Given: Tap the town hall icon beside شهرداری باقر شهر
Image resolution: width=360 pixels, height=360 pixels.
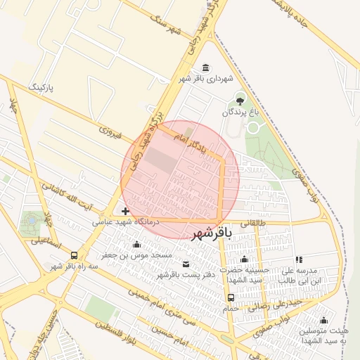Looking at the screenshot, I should [x=205, y=68].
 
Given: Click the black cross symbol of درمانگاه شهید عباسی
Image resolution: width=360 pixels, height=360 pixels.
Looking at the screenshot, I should [x=125, y=211].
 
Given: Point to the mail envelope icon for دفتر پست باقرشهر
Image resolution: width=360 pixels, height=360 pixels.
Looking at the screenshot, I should [x=186, y=264].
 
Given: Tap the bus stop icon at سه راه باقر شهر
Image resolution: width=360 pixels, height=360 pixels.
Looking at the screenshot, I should [x=74, y=255].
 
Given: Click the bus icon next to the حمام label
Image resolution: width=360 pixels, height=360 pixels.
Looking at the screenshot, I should [x=231, y=297].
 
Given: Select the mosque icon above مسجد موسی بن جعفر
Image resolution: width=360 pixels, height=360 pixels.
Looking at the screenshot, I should [x=136, y=245].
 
